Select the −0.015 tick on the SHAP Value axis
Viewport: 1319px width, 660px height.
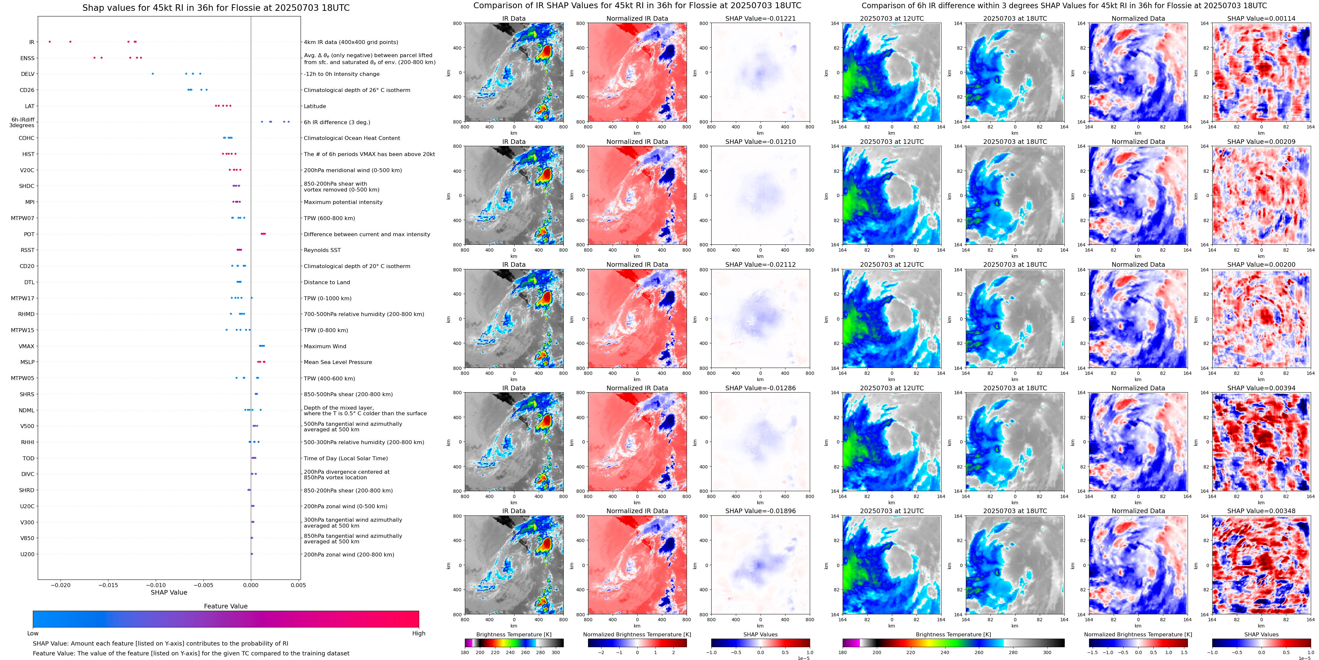(x=108, y=585)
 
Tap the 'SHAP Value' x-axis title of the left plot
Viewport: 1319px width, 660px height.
(x=169, y=592)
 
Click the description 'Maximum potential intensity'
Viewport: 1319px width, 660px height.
(x=343, y=202)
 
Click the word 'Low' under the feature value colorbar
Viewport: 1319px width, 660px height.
(x=33, y=633)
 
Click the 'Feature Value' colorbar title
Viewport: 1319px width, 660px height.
(x=225, y=606)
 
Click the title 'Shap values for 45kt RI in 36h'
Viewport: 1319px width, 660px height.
(x=216, y=8)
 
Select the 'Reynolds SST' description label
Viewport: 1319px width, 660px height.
(x=322, y=250)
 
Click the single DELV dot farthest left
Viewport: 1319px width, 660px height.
(x=152, y=74)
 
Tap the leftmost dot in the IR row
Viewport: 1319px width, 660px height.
(x=50, y=41)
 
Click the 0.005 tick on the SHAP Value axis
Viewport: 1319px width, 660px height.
(x=298, y=585)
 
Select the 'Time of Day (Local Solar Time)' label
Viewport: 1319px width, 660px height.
(x=346, y=458)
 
